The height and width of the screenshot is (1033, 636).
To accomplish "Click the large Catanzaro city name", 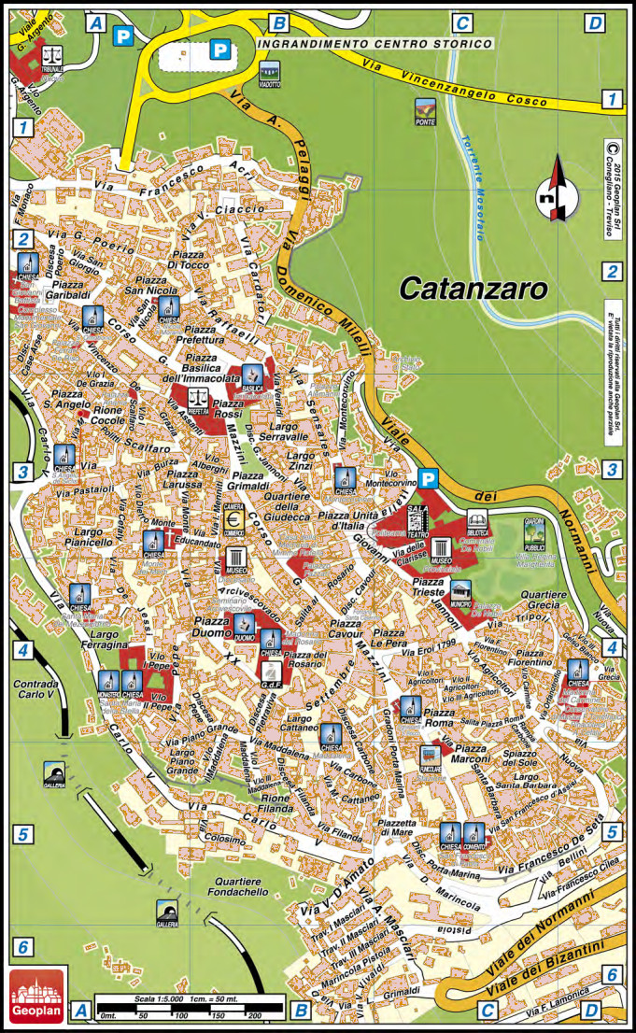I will (473, 289).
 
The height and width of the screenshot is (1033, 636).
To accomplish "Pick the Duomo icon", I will (245, 627).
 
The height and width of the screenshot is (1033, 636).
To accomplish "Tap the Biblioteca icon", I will (478, 524).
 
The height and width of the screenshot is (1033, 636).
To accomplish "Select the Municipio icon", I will (460, 592).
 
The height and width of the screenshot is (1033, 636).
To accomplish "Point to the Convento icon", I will (474, 835).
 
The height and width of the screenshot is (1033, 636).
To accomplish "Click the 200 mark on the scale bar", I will (253, 1015).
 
